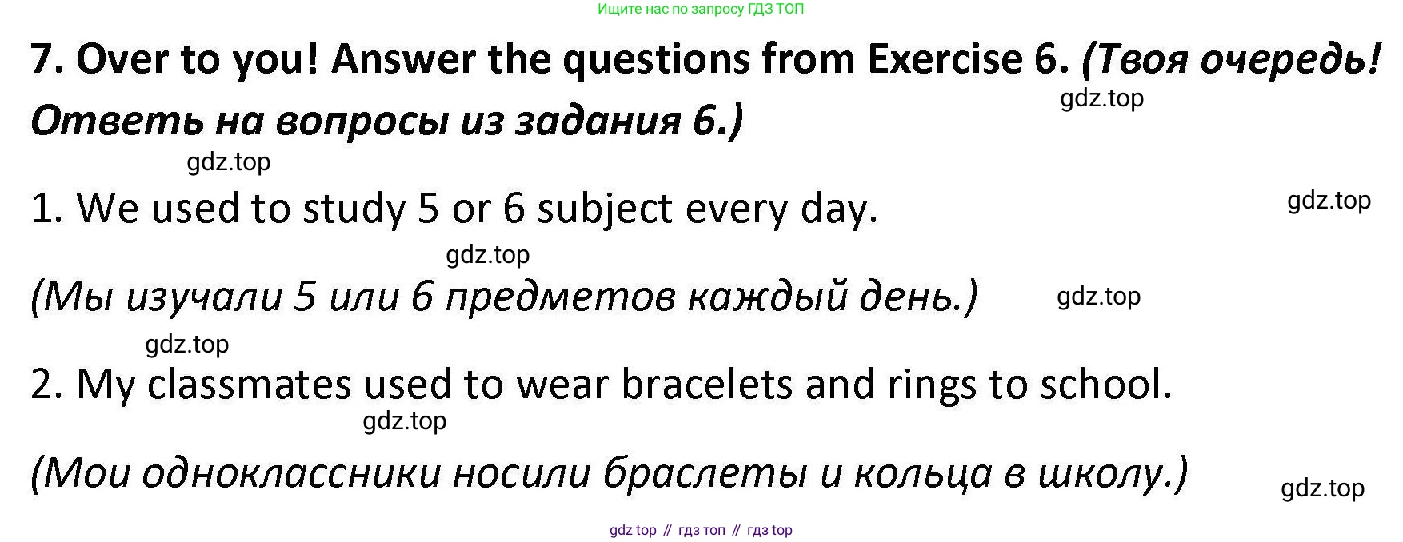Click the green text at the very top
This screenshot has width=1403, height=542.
tap(701, 10)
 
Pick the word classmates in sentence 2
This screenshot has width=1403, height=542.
tap(250, 385)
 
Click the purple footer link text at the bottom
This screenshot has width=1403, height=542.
tap(701, 530)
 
